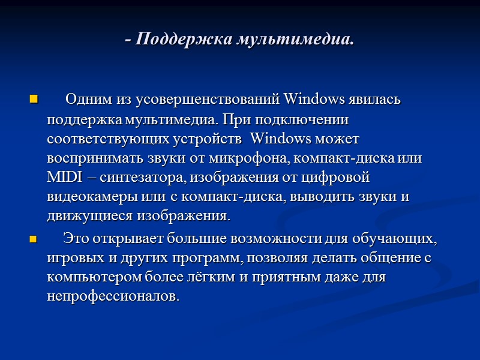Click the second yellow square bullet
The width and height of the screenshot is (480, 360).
click(x=33, y=239)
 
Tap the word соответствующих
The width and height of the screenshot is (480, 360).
click(x=97, y=139)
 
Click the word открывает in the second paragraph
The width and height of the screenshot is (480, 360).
click(x=122, y=239)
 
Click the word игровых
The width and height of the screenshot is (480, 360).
click(x=69, y=259)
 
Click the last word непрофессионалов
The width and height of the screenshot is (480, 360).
click(x=113, y=297)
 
